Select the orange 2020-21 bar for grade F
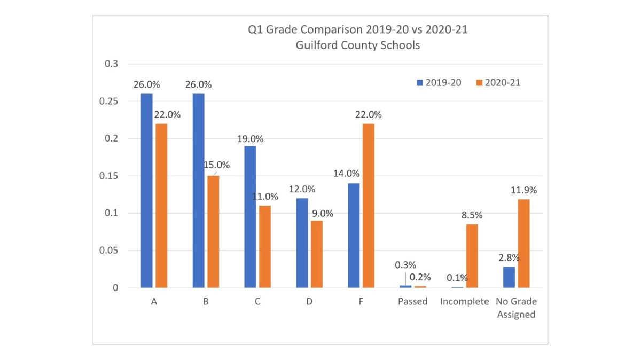click(368, 206)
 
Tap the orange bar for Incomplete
click(472, 256)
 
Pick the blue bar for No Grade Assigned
click(509, 277)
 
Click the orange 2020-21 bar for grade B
click(213, 232)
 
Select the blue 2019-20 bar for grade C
click(250, 217)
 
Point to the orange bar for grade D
click(316, 254)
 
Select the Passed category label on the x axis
click(412, 302)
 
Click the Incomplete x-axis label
click(464, 302)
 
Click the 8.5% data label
click(472, 215)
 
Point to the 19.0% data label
click(250, 139)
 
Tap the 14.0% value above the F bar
click(346, 174)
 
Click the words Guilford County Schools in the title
click(357, 45)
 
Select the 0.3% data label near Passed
click(405, 265)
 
